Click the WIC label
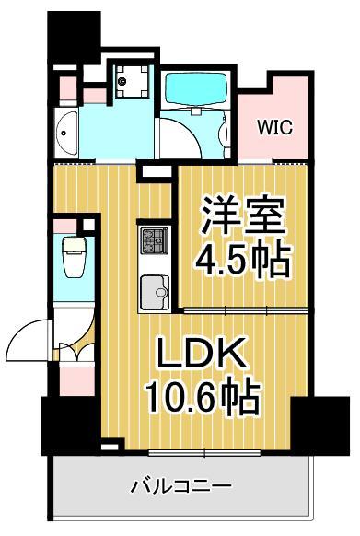(275, 127)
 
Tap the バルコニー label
(180, 485)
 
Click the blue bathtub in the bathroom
(195, 89)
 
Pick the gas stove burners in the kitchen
(151, 242)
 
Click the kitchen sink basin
(153, 294)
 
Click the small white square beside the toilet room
(89, 223)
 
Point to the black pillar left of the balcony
(70, 423)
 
